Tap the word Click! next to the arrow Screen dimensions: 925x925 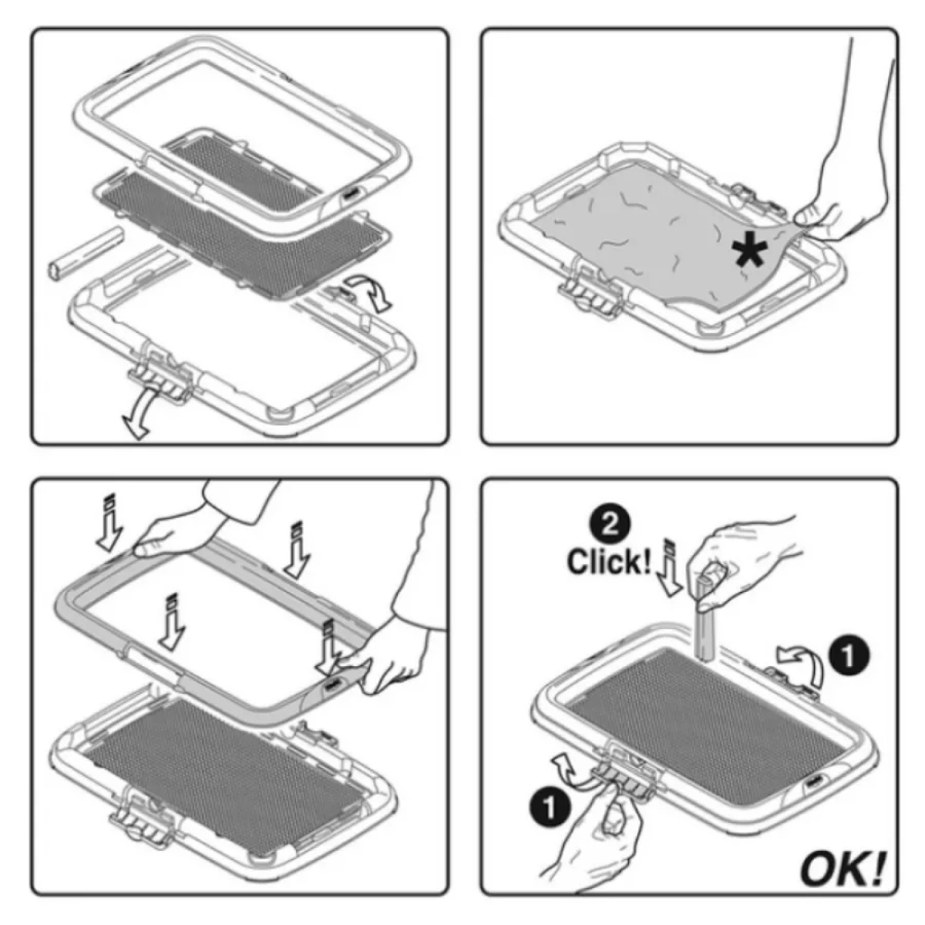pos(608,562)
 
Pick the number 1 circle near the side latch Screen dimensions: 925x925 pos(849,656)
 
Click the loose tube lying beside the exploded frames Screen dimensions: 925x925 pos(83,253)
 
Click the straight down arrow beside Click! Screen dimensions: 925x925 pos(669,567)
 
